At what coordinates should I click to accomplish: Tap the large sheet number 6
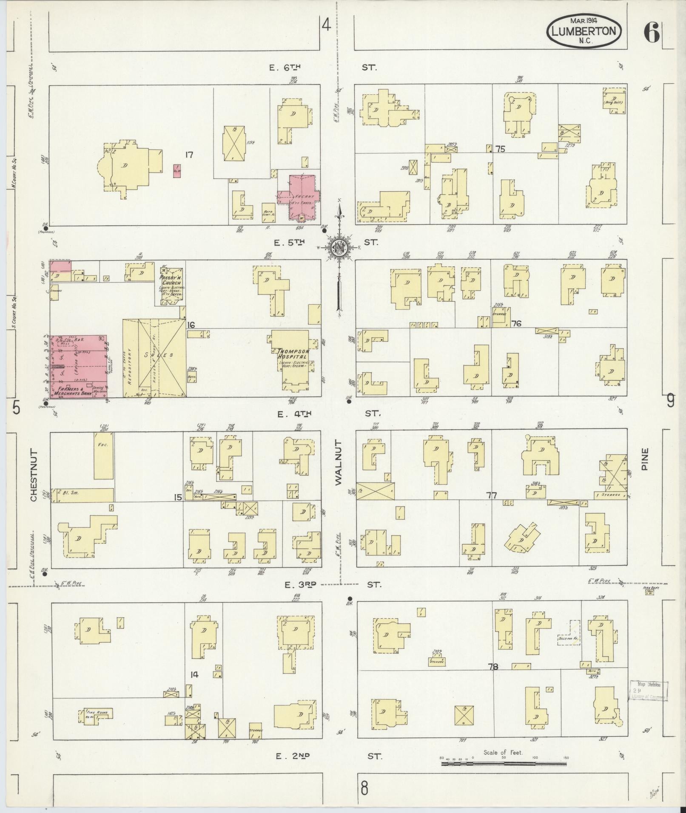(651, 32)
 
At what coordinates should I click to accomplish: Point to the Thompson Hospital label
(293, 354)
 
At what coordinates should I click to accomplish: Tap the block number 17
(189, 155)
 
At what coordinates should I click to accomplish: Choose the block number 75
(500, 149)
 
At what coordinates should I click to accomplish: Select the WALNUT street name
(339, 463)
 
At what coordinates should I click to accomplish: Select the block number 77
(492, 496)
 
